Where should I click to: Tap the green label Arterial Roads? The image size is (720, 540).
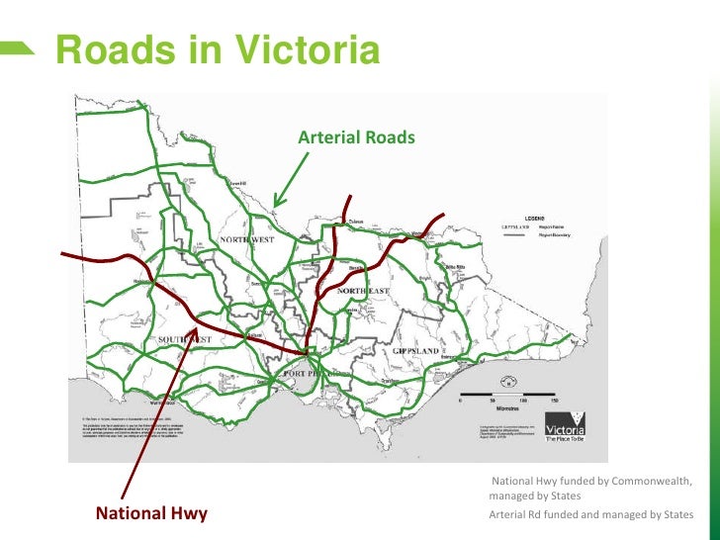(x=356, y=137)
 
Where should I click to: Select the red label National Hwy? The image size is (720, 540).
(x=151, y=513)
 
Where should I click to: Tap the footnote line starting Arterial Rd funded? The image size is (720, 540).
(x=590, y=515)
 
